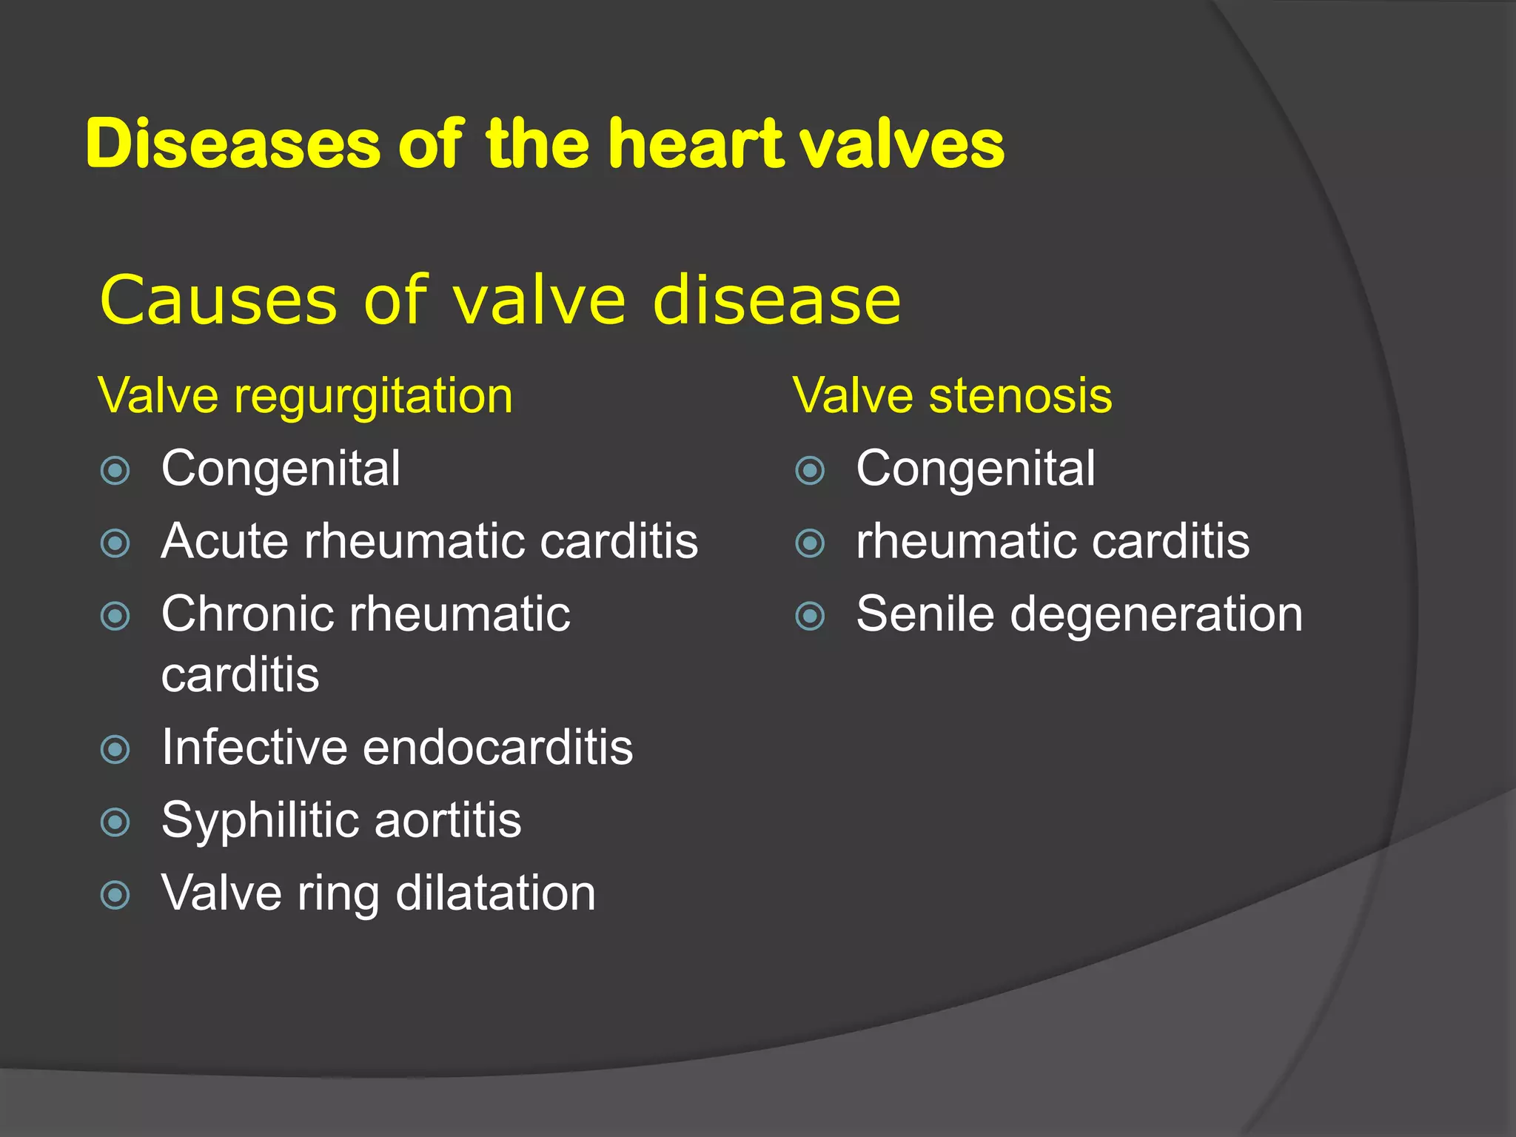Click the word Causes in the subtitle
click(x=218, y=300)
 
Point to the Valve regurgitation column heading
click(x=305, y=395)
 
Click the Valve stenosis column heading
click(x=952, y=395)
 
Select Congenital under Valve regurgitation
click(x=281, y=469)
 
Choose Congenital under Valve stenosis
click(x=975, y=469)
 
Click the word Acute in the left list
click(x=224, y=541)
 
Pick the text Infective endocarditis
click(x=397, y=747)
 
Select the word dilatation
click(x=495, y=893)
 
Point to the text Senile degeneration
click(x=1079, y=614)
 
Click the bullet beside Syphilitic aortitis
click(x=115, y=822)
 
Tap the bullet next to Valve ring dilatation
click(x=115, y=895)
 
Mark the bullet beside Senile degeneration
click(x=810, y=616)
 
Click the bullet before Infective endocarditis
click(x=115, y=749)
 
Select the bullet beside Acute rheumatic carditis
click(x=115, y=543)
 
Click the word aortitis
click(x=448, y=821)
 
